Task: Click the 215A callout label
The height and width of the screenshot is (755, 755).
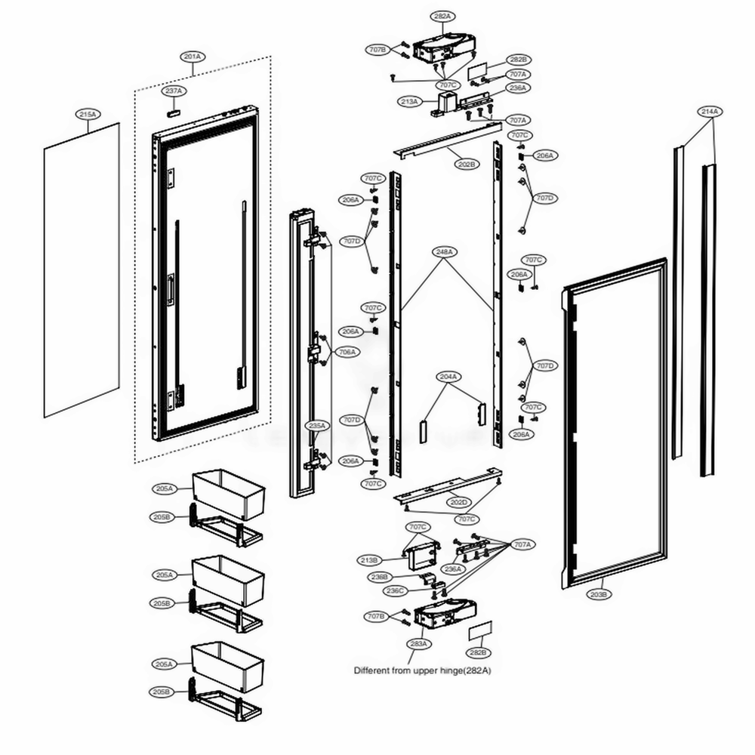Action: pyautogui.click(x=88, y=114)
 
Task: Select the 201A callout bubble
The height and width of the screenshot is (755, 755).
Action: pyautogui.click(x=193, y=57)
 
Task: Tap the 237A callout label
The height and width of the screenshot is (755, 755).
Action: pyautogui.click(x=174, y=91)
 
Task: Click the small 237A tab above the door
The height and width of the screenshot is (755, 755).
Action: pyautogui.click(x=174, y=109)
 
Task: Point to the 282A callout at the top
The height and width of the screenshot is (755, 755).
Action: pyautogui.click(x=442, y=16)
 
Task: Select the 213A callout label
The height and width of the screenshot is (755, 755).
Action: pyautogui.click(x=410, y=100)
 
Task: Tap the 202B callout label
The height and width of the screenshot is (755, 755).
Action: pyautogui.click(x=466, y=164)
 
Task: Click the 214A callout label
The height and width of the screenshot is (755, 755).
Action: pyautogui.click(x=710, y=112)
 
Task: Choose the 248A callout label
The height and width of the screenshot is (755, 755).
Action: pyautogui.click(x=444, y=251)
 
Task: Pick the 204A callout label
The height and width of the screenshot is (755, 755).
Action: pyautogui.click(x=448, y=375)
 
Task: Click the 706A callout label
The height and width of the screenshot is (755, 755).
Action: pyautogui.click(x=347, y=352)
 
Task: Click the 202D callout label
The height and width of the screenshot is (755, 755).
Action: pyautogui.click(x=460, y=502)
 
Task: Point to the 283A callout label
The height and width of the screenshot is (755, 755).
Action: pyautogui.click(x=419, y=643)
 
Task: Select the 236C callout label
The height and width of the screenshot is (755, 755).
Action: pyautogui.click(x=394, y=590)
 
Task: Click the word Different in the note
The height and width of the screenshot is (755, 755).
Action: pyautogui.click(x=372, y=670)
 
